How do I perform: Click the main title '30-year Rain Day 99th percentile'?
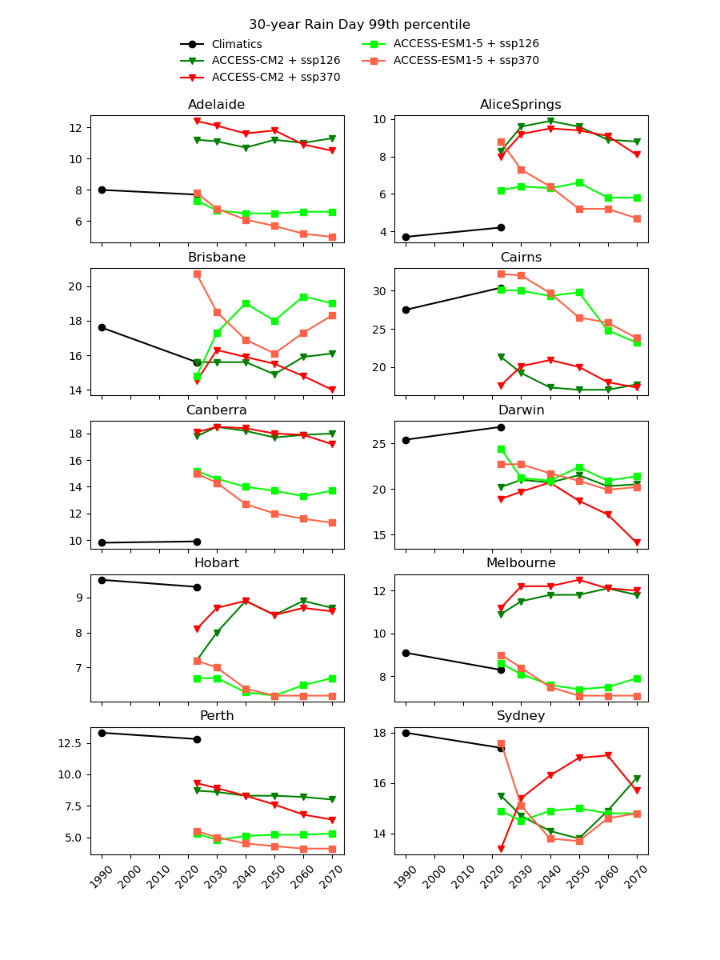click(x=359, y=25)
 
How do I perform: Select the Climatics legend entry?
click(x=236, y=44)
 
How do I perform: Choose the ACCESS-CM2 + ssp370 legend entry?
click(x=275, y=78)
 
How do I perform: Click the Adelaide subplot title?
click(x=217, y=105)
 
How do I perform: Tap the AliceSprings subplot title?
click(x=521, y=105)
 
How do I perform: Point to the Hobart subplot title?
click(x=217, y=563)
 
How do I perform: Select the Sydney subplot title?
click(x=521, y=716)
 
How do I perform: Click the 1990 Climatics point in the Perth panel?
click(x=102, y=733)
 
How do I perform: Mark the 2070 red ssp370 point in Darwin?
click(x=637, y=542)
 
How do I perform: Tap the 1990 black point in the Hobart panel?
click(x=102, y=580)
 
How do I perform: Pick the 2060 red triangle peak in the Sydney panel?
click(x=608, y=755)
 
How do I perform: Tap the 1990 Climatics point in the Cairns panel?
click(x=406, y=310)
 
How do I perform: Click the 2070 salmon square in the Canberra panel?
click(x=332, y=522)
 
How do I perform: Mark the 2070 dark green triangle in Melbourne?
click(x=637, y=595)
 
